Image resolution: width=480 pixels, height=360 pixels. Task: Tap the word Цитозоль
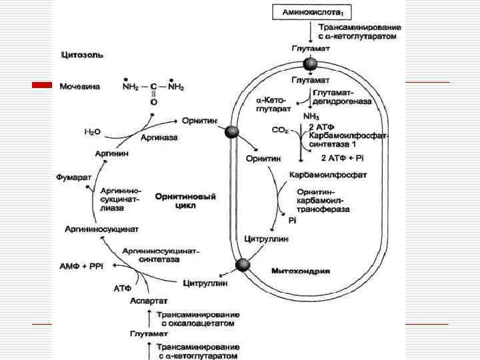click(x=81, y=54)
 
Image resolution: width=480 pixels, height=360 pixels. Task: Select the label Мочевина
click(x=79, y=87)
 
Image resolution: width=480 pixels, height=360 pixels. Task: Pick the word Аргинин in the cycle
click(x=112, y=153)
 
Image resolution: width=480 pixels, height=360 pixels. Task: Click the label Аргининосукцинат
click(x=101, y=229)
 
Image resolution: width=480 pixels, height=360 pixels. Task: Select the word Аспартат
click(x=149, y=300)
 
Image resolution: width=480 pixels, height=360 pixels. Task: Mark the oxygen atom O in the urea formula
click(x=154, y=103)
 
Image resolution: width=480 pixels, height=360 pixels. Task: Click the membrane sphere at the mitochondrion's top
click(x=311, y=64)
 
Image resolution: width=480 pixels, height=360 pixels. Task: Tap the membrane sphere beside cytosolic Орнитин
click(x=231, y=132)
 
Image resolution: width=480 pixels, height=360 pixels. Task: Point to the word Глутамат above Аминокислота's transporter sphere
click(x=309, y=49)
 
